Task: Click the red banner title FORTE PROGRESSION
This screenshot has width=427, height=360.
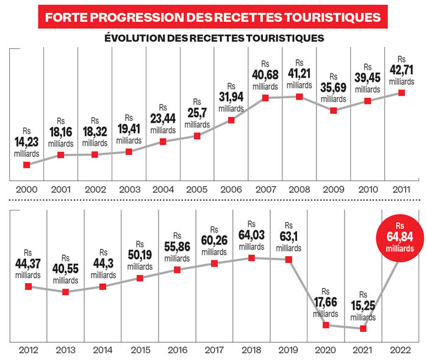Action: [x=213, y=15]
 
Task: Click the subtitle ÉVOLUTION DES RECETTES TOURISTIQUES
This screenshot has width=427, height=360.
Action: [x=213, y=38]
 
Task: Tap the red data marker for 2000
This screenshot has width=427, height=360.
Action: [x=27, y=165]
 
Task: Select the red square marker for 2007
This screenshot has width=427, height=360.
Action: [x=266, y=98]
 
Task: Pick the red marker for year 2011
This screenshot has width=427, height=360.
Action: [x=401, y=93]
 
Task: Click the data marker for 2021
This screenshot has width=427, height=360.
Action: [x=363, y=328]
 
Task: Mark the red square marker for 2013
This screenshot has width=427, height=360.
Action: [x=65, y=292]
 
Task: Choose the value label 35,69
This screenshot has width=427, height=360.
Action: [x=333, y=88]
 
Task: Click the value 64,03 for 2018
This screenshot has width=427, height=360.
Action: [x=251, y=236]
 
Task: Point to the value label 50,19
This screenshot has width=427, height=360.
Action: [x=140, y=255]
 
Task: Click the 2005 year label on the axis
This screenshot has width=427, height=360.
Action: [x=197, y=189]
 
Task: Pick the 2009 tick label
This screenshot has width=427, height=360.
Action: [x=332, y=189]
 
